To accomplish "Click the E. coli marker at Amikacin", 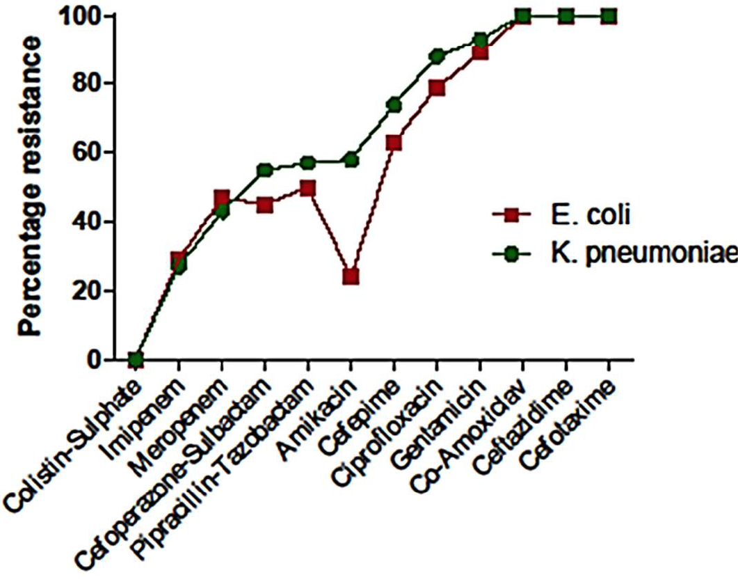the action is [351, 276].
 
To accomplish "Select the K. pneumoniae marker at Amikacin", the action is [351, 161].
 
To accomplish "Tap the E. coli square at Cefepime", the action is [394, 142].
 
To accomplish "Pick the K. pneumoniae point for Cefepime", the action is [394, 105].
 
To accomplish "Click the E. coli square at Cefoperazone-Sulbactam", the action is [265, 205].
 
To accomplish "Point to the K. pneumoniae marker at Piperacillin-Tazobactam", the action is [308, 163].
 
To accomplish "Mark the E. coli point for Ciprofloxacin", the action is [437, 88].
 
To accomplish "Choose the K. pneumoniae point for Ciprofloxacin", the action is [437, 56].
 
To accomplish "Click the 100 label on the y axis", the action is [79, 17].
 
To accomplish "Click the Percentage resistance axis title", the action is [30, 187].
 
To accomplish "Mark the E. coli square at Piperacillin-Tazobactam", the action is [307, 189].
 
